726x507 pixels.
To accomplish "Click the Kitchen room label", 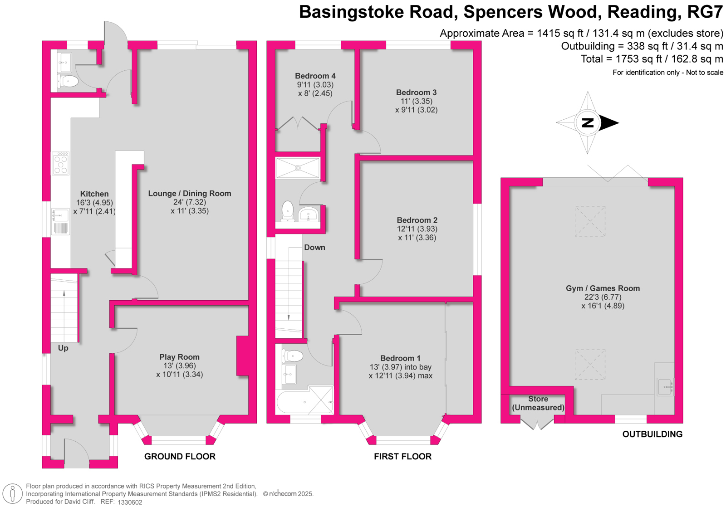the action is [94, 194].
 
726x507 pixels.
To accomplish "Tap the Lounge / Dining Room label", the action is [190, 193].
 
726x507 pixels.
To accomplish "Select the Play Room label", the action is [179, 357].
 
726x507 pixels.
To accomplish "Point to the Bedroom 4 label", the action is [315, 76].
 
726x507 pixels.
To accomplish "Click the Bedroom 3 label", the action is [416, 93].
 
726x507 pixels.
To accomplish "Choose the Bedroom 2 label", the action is [417, 220].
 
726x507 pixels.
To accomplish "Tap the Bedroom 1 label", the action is [400, 358].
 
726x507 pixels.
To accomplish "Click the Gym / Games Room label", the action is [603, 288].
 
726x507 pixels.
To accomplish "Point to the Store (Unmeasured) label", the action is [538, 403].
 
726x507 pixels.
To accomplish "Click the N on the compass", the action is [588, 123].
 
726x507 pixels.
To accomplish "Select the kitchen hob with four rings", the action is [61, 163].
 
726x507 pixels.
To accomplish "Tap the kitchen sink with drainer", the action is [60, 221].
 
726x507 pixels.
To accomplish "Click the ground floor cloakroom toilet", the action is [68, 81].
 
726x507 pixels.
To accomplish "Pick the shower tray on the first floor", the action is [298, 168].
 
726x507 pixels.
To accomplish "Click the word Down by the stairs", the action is [314, 248].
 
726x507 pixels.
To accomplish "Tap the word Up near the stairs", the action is [63, 348].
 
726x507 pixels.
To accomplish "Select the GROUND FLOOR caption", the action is [180, 457].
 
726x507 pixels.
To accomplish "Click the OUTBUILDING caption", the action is [652, 434].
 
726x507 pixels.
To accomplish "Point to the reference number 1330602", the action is [130, 502].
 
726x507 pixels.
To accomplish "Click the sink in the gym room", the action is [665, 387].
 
